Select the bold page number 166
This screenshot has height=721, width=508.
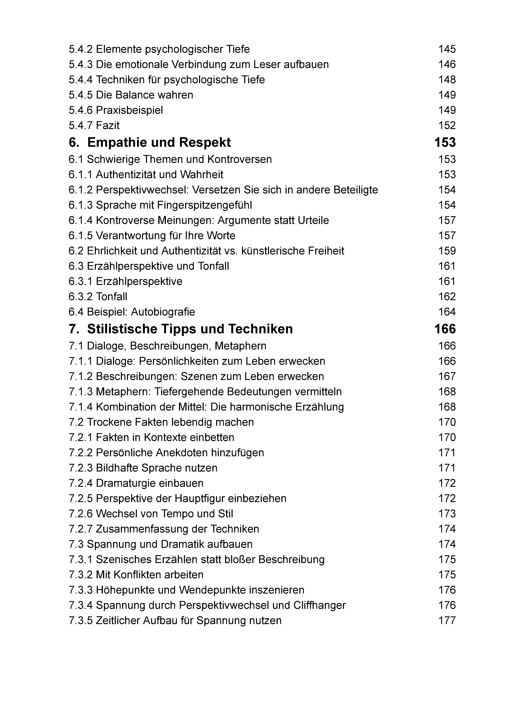445,329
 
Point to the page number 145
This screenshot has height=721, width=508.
447,49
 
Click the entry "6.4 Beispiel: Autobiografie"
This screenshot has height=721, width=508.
132,312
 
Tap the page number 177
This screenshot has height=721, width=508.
447,620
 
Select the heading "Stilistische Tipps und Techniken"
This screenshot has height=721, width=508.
190,329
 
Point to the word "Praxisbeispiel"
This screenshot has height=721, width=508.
129,110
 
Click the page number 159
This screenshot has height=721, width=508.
447,251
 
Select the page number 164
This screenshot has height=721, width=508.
447,312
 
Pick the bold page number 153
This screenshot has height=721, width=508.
445,143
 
